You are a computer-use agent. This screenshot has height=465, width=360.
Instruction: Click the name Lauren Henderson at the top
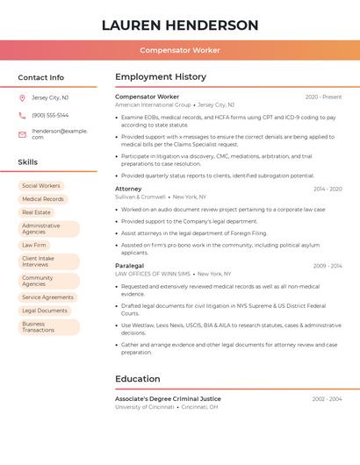[x=180, y=25]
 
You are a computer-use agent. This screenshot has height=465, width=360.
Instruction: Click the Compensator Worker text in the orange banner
[x=180, y=50]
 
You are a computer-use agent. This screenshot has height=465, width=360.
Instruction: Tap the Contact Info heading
[x=41, y=77]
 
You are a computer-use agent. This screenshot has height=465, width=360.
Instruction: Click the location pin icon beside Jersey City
[x=22, y=97]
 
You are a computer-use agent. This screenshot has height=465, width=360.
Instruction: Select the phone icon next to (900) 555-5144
[x=22, y=115]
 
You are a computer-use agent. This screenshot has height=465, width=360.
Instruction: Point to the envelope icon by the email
[x=22, y=133]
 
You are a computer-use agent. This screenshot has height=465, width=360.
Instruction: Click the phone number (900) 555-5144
[x=50, y=115]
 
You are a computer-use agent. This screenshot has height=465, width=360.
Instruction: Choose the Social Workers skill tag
[x=41, y=186]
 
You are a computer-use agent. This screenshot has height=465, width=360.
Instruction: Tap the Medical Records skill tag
[x=43, y=199]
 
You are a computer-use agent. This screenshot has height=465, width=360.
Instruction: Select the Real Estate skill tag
[x=37, y=212]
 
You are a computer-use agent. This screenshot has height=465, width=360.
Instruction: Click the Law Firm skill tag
[x=34, y=245]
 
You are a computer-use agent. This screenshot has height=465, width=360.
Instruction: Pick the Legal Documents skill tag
[x=45, y=311]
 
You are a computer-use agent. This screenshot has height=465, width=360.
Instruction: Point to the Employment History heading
[x=161, y=77]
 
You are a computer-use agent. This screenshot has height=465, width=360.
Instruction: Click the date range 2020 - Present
[x=323, y=97]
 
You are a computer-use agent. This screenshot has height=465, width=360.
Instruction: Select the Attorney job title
[x=128, y=189]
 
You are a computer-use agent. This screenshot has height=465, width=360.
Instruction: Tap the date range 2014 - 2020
[x=328, y=189]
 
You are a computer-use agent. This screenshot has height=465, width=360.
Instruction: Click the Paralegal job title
[x=130, y=265]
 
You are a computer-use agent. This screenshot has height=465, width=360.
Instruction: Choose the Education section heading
[x=138, y=379]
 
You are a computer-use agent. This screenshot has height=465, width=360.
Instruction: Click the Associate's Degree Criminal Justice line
[x=168, y=399]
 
